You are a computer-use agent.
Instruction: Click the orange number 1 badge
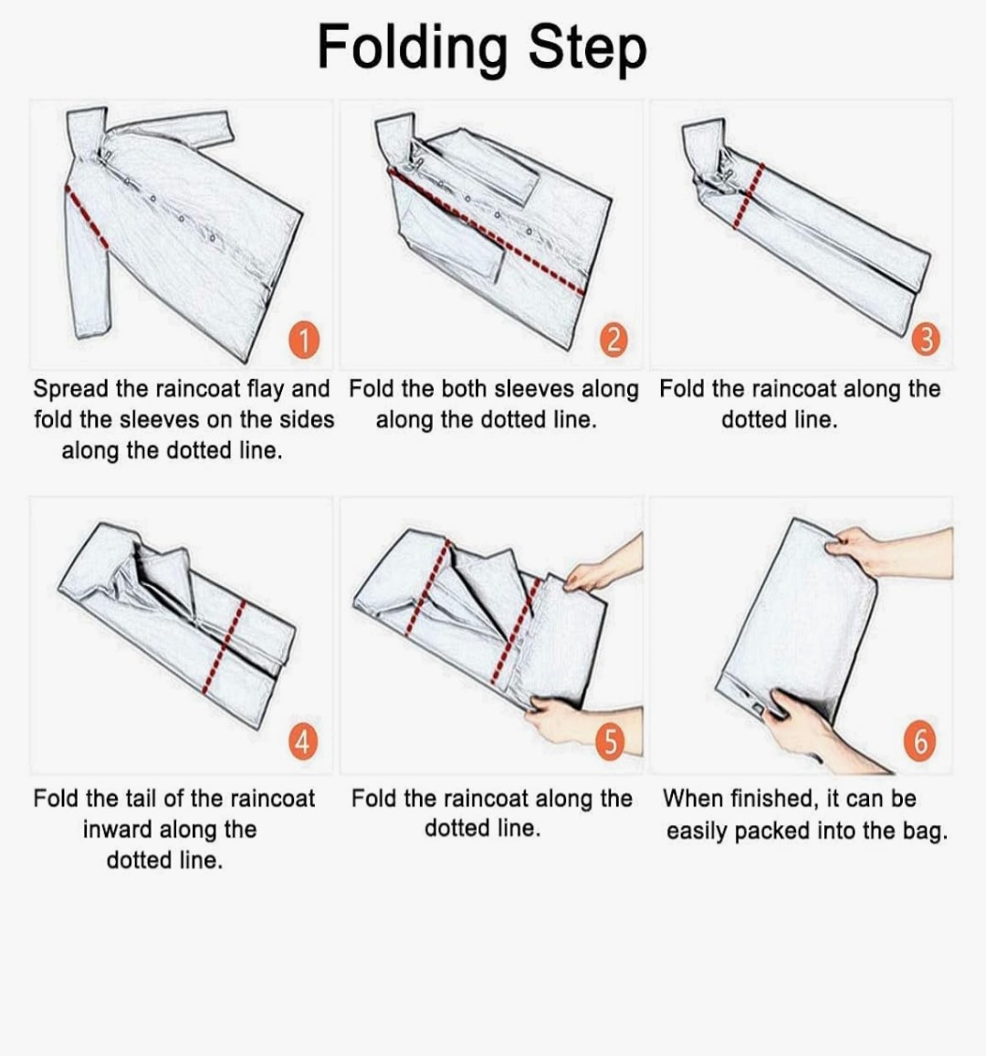304,340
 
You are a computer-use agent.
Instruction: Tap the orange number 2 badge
613,340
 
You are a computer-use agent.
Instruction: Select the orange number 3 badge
926,339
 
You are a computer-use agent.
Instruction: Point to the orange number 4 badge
303,742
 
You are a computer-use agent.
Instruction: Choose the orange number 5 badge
610,742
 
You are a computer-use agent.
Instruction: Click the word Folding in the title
412,48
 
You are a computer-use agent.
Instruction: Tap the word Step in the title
587,50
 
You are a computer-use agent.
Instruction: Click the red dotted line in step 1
86,216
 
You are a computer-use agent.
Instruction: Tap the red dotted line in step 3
749,195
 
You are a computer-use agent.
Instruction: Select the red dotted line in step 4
224,646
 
